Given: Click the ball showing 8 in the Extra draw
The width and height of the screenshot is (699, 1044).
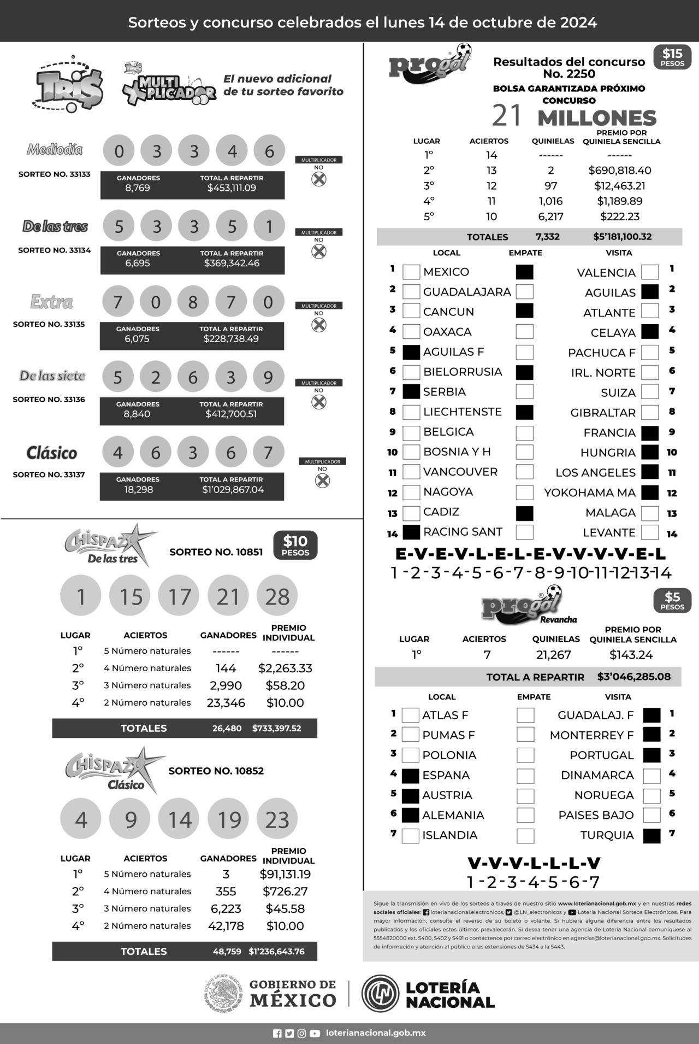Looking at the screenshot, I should point(193,302).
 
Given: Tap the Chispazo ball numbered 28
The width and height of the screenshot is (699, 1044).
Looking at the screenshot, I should point(277,596).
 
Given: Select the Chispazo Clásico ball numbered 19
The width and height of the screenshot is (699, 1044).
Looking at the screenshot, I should point(229,819).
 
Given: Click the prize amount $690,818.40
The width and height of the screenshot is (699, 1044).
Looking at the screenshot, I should point(619,171).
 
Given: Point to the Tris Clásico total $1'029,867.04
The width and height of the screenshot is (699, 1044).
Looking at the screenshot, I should point(233,490).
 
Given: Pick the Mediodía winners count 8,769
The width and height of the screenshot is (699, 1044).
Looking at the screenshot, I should point(138,188).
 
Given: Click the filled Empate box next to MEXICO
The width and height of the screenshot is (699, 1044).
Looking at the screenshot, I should point(524,272).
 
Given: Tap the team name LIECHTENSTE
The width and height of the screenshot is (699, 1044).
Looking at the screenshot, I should point(462,412).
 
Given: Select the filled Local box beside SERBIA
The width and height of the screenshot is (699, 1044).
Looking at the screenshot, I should point(411,391).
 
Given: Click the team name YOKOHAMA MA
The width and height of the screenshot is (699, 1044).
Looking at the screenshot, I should point(590,492).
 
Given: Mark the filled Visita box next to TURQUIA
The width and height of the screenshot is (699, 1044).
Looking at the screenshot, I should point(651,836).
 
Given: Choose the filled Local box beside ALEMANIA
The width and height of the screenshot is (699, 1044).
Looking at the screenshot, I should point(410,815).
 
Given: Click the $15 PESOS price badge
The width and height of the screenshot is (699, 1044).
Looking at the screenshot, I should point(672,57).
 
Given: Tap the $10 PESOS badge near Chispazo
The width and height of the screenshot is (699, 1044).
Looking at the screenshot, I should point(295,545).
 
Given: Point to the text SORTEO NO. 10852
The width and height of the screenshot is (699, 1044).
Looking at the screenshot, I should point(216,771).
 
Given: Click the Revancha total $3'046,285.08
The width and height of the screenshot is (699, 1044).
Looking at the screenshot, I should point(633,677).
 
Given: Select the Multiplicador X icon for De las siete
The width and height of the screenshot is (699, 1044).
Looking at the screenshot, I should point(318,402).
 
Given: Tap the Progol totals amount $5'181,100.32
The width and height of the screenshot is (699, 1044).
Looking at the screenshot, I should point(622,237).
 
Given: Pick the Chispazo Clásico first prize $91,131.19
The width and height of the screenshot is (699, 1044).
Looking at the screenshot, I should point(285,874).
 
